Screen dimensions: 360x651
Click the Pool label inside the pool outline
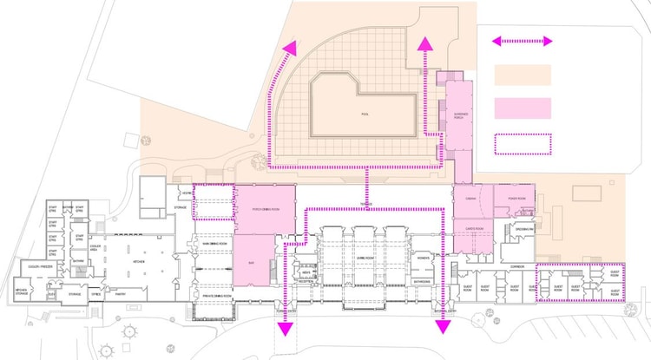pyautogui.click(x=365, y=114)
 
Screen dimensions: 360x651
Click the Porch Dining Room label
pyautogui.click(x=265, y=209)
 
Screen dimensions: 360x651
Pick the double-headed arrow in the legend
pyautogui.click(x=523, y=41)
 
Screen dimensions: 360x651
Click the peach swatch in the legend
pyautogui.click(x=523, y=75)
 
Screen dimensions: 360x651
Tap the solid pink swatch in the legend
pyautogui.click(x=523, y=108)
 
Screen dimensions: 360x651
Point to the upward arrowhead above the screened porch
pyautogui.click(x=425, y=44)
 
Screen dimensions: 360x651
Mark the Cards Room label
pyautogui.click(x=473, y=229)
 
